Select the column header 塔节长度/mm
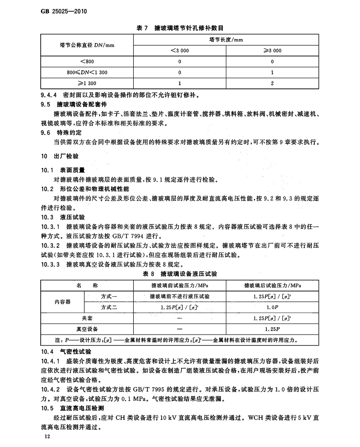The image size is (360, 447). click(x=226, y=40)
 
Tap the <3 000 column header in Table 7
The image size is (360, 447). click(x=180, y=50)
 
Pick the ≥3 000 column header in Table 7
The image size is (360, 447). click(x=272, y=50)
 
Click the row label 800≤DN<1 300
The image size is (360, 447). click(x=87, y=72)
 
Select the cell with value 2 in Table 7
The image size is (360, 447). click(x=272, y=83)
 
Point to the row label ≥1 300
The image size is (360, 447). click(x=87, y=83)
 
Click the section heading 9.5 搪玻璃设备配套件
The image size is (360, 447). click(x=74, y=104)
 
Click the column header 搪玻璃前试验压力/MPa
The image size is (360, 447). click(x=180, y=285)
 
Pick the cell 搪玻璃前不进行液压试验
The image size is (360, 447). click(x=180, y=296)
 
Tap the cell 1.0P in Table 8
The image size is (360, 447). click(x=272, y=307)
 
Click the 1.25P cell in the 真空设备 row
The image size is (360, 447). click(x=272, y=329)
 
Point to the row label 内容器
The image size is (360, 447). click(x=63, y=302)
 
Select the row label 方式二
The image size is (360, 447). click(x=109, y=307)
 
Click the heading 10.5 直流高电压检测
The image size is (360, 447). click(x=73, y=408)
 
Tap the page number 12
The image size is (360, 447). click(x=46, y=436)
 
